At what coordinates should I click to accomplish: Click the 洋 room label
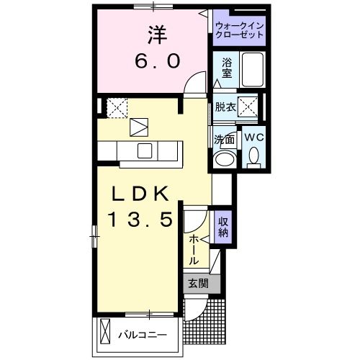click(x=153, y=35)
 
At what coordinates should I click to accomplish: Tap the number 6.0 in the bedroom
click(x=154, y=61)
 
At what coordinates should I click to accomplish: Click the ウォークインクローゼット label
click(x=240, y=31)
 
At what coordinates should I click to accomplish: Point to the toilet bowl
click(x=253, y=155)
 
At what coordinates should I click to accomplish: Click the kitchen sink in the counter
click(x=144, y=150)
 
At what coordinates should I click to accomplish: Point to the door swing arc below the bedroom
click(x=191, y=86)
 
